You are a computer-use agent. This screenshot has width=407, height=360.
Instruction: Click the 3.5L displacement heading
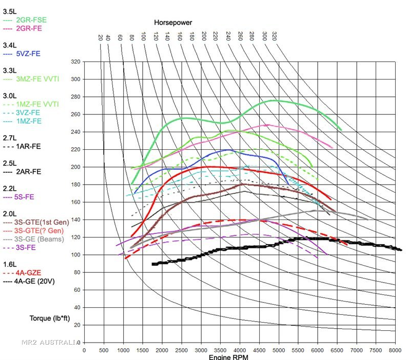[x=9, y=11]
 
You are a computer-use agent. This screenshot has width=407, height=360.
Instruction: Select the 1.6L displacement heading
[x=9, y=264]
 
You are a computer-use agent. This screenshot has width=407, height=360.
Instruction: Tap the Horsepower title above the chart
[x=172, y=22]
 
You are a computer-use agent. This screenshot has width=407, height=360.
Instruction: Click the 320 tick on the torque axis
[x=75, y=62]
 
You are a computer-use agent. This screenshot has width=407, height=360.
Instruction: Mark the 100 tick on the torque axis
[x=75, y=255]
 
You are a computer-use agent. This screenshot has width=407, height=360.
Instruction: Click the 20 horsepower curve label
[x=101, y=37]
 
